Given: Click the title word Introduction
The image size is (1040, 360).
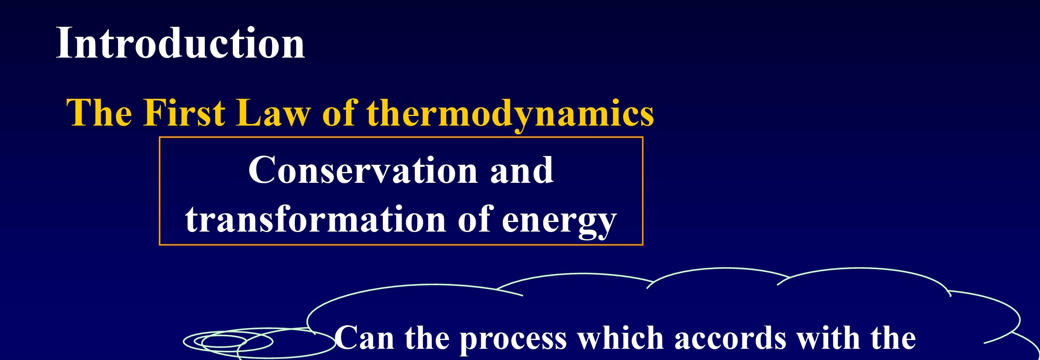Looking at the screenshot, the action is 180,43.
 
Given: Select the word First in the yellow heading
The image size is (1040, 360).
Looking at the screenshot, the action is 184,113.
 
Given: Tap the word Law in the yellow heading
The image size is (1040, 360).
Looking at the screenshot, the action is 273,113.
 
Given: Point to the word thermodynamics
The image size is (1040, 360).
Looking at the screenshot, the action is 510,116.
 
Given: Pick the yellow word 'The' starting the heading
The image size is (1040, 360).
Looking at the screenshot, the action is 99,113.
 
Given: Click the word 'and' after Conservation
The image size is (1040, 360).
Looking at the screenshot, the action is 522,170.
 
